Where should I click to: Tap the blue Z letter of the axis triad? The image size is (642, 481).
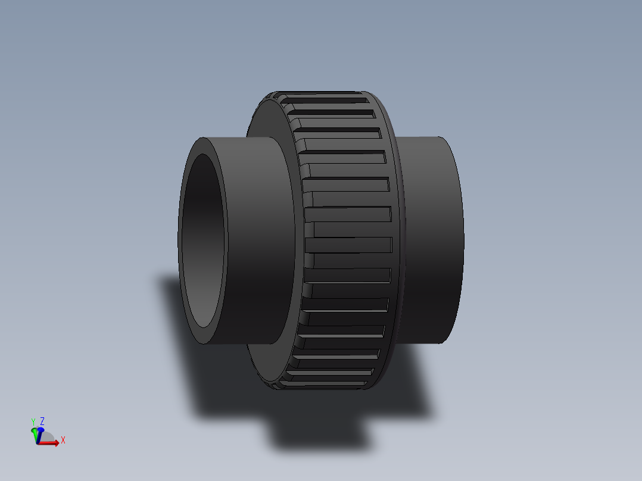click(42, 421)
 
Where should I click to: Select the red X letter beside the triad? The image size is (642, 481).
click(63, 441)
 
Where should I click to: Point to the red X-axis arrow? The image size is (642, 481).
click(51, 443)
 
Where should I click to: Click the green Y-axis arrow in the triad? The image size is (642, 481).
click(35, 433)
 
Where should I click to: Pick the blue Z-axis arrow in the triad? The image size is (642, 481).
click(40, 429)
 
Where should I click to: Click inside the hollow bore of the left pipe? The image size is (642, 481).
click(203, 238)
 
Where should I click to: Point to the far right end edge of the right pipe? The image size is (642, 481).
click(463, 238)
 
